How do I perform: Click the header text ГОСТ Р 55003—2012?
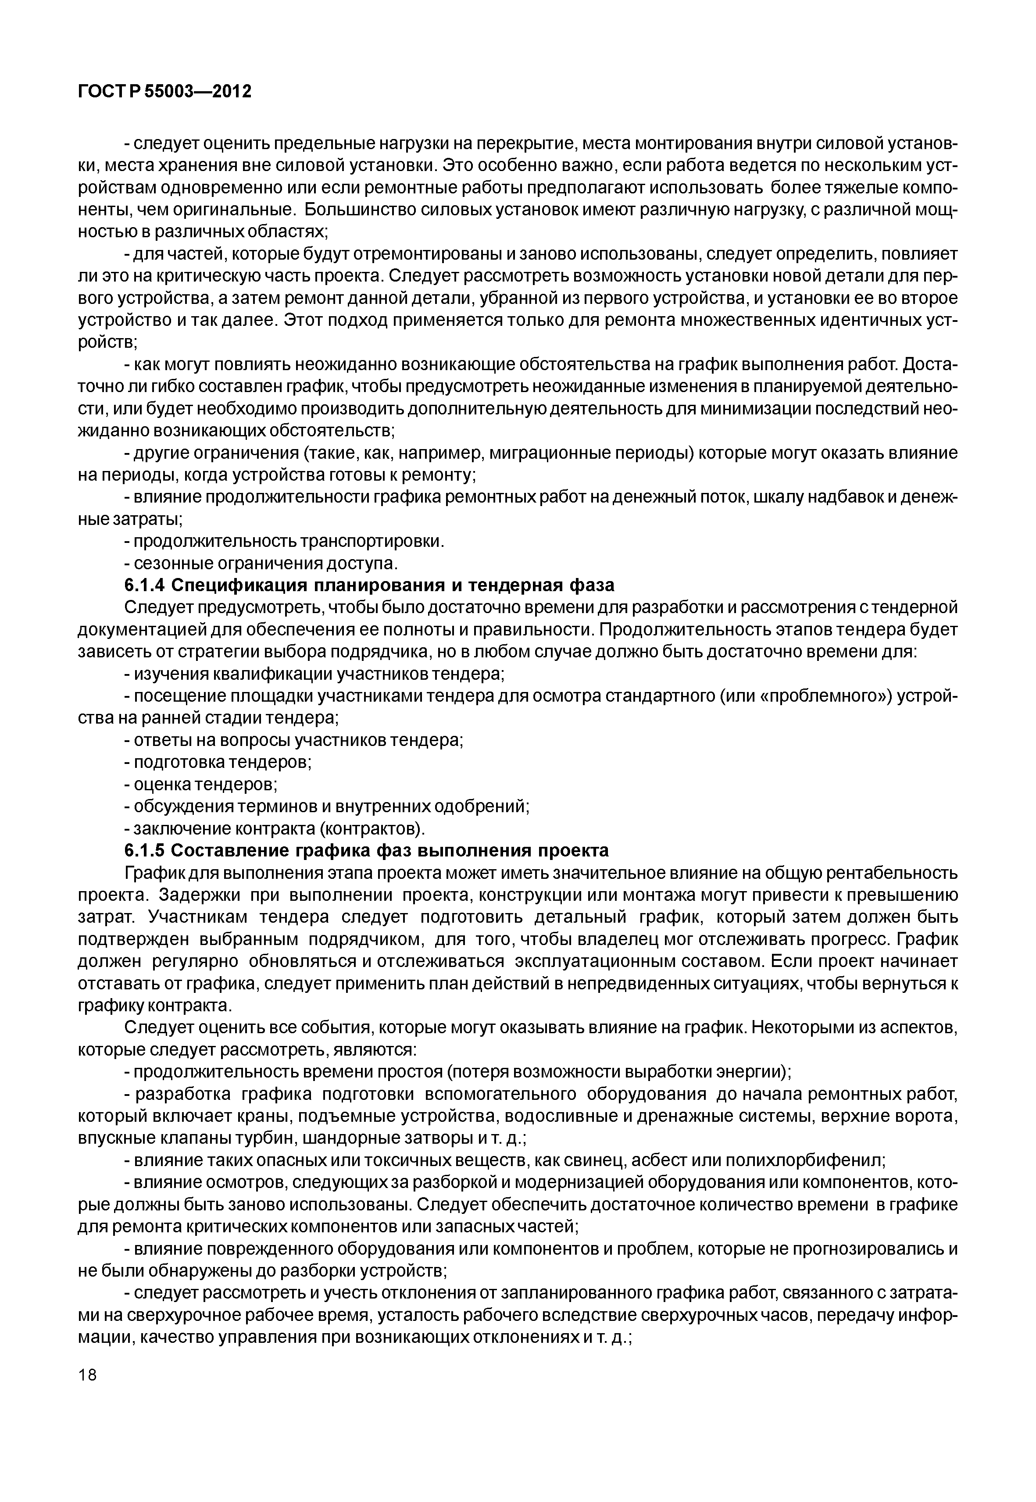tap(164, 92)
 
